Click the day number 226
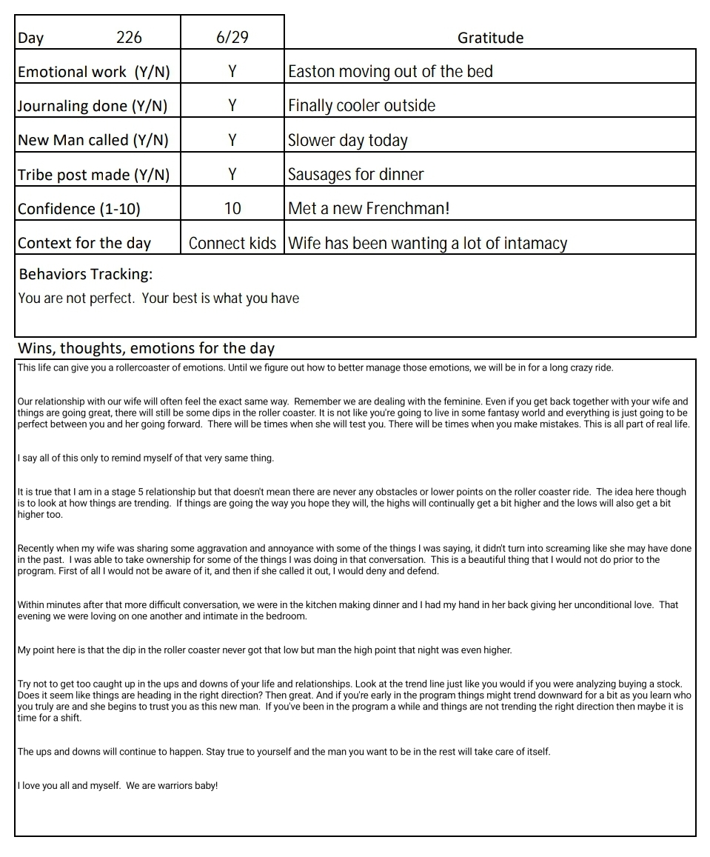129,38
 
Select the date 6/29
232,38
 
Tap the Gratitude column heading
490,38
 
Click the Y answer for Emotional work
232,72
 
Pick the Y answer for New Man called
232,140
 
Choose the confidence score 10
232,209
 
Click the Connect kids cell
232,243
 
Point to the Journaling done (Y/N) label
93,106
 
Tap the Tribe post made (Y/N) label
93,175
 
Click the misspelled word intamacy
532,243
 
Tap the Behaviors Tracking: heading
86,274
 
